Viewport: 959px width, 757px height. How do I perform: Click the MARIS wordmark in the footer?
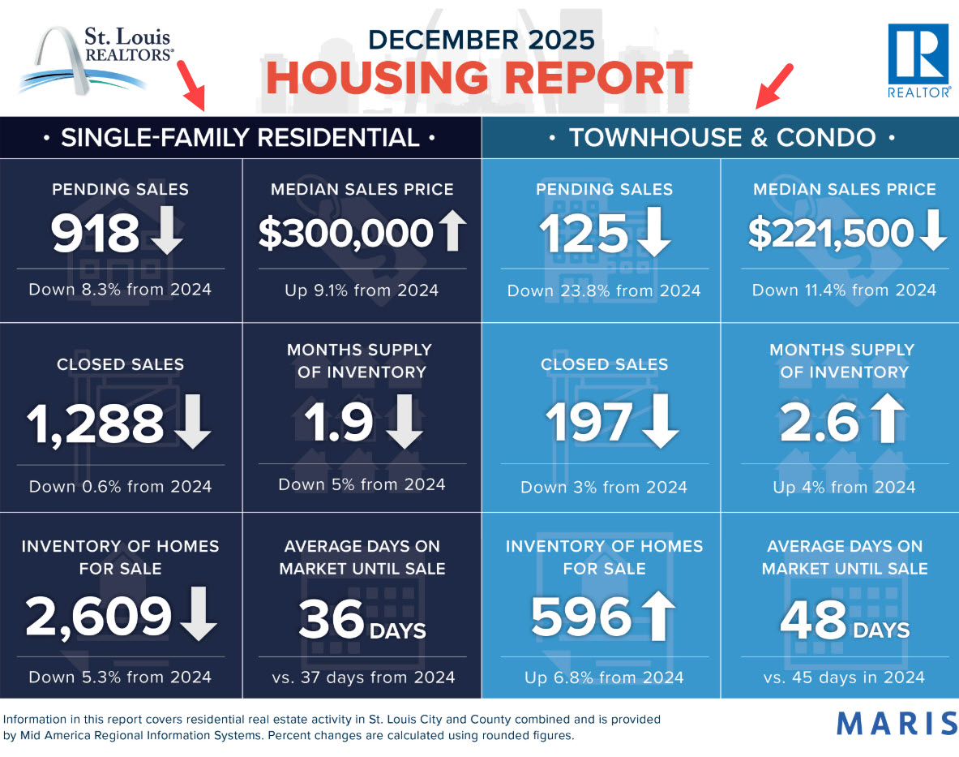click(895, 721)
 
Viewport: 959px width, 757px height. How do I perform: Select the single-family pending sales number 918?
click(95, 233)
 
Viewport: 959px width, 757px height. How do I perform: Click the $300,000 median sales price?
click(346, 233)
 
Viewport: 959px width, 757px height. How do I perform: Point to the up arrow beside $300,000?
click(452, 231)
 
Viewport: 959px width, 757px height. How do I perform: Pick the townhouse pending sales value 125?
click(584, 234)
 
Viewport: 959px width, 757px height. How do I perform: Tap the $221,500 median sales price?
click(830, 233)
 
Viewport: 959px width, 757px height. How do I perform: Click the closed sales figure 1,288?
click(96, 424)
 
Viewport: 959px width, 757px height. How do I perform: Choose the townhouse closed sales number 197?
click(588, 424)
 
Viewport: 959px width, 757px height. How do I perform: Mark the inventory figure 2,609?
click(98, 617)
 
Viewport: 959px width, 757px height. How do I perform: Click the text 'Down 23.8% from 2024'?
click(604, 290)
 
